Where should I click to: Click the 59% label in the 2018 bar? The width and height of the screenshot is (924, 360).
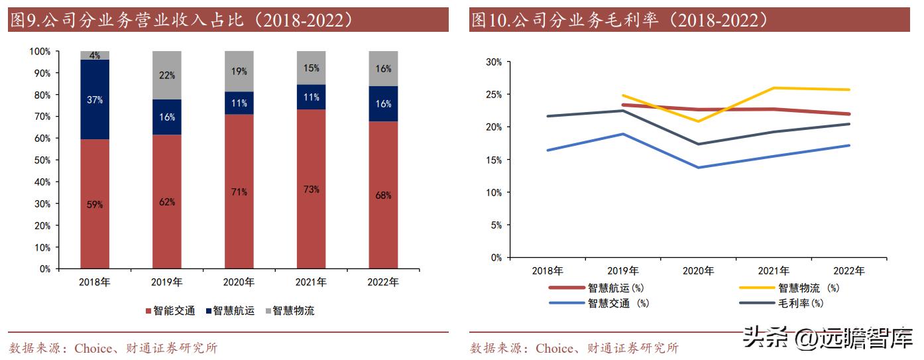click(95, 205)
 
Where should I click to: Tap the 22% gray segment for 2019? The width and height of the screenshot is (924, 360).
click(167, 76)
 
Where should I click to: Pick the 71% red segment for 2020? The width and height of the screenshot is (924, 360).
click(239, 192)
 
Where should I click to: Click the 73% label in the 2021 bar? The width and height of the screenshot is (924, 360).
click(311, 190)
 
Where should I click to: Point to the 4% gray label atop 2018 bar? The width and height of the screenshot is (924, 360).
click(95, 56)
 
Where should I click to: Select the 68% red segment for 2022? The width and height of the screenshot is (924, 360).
click(383, 196)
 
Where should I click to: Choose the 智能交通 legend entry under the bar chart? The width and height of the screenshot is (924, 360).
click(170, 310)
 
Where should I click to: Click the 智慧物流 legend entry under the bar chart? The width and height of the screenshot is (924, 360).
click(289, 310)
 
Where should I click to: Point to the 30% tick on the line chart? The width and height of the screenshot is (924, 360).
click(493, 62)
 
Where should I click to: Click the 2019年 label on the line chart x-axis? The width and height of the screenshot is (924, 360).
click(622, 270)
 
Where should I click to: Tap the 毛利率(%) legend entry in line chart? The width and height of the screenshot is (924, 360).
click(782, 304)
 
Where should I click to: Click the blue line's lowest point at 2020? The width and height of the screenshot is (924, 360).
click(698, 167)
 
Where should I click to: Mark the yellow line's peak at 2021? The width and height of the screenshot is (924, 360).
click(774, 88)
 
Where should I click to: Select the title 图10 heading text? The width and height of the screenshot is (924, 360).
click(620, 20)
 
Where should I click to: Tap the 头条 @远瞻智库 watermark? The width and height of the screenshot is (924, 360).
click(828, 338)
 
